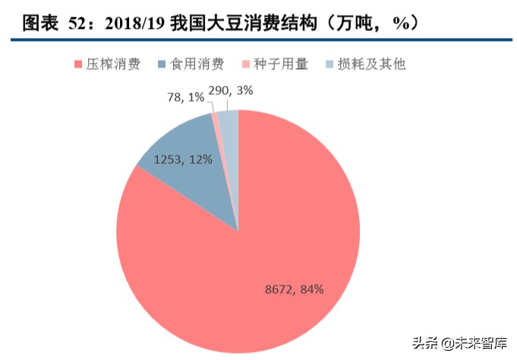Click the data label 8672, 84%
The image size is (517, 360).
[295, 289]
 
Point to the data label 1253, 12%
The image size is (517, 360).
[183, 160]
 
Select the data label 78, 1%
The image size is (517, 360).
[184, 97]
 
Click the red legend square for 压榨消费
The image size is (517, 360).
[78, 65]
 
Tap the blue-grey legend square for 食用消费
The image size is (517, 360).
[159, 65]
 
